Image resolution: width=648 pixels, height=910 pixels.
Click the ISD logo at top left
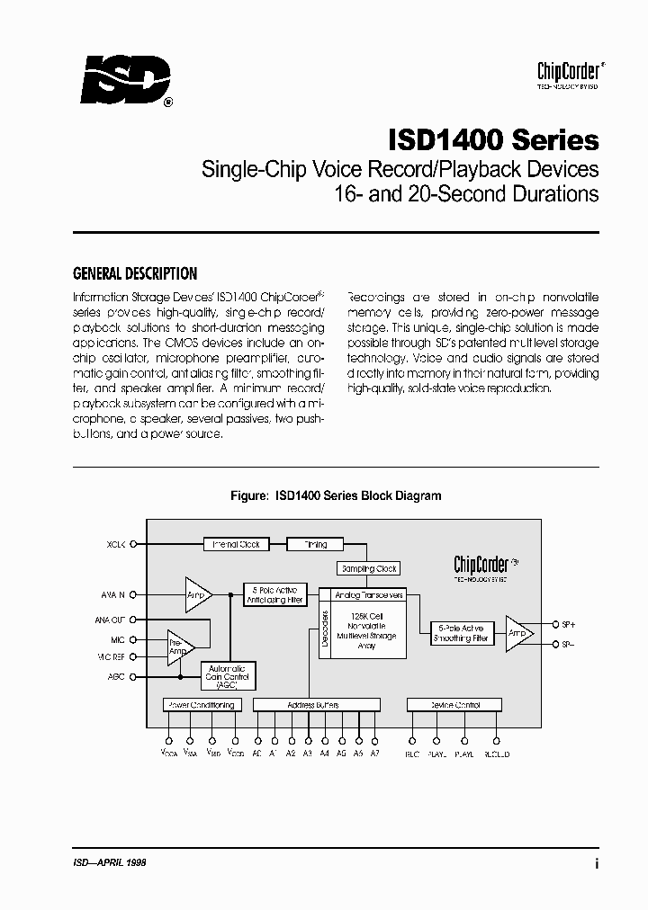[124, 83]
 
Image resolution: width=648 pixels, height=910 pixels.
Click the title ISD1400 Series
[493, 140]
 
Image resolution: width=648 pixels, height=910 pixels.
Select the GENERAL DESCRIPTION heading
[134, 274]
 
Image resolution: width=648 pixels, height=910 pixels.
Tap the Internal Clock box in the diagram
[236, 544]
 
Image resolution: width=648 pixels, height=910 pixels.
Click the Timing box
[315, 544]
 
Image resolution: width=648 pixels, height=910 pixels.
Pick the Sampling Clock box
[368, 568]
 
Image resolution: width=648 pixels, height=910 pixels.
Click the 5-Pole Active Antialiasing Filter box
[275, 595]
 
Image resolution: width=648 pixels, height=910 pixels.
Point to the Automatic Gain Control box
[228, 676]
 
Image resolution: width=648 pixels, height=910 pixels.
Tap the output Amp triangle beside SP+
[517, 633]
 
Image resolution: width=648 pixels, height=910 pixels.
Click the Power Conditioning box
[201, 705]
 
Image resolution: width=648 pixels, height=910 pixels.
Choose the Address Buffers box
[312, 705]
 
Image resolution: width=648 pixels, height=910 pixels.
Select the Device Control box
[455, 705]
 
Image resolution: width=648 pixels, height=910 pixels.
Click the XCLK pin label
[115, 544]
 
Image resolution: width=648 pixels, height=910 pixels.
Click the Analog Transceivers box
[369, 595]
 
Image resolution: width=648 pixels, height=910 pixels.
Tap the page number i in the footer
[597, 862]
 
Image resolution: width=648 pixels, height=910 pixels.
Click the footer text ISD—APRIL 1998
[109, 861]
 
